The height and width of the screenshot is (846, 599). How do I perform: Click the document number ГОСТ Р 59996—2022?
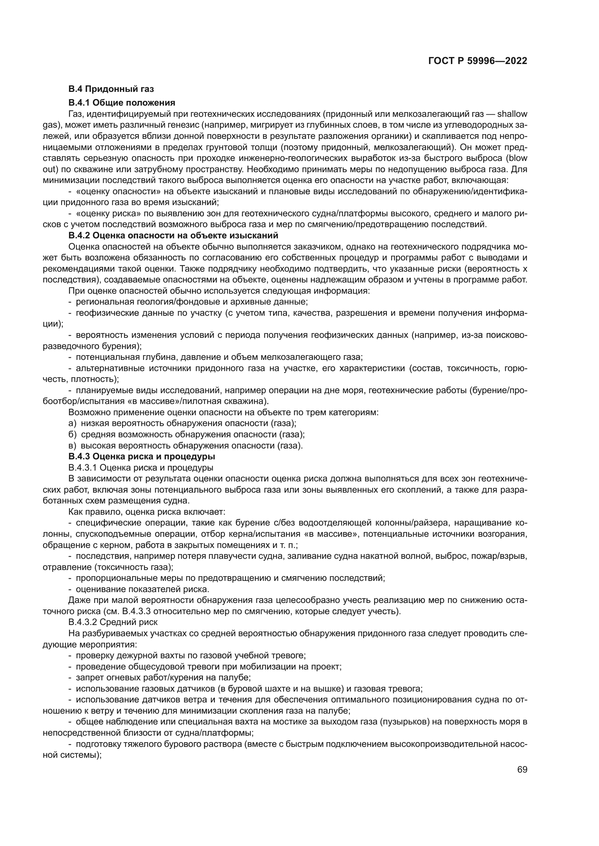(x=478, y=61)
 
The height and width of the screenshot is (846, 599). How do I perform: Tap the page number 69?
(x=522, y=770)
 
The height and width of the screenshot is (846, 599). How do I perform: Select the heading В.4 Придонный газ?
(x=111, y=89)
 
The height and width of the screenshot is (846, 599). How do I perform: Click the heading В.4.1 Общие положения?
(x=122, y=102)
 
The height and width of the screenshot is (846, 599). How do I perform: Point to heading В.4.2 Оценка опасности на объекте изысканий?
(x=173, y=235)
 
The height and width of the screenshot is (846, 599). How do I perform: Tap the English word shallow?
(x=512, y=114)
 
